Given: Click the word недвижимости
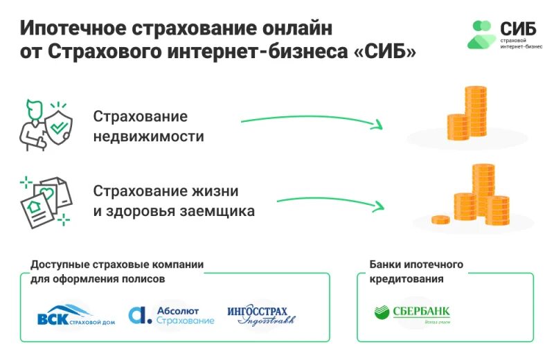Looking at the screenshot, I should click(148, 136).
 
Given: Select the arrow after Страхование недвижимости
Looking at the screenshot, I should click(311, 123).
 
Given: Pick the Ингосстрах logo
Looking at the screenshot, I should click(261, 315).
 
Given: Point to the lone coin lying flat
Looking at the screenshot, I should click(440, 219).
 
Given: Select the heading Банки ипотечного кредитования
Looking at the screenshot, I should click(416, 272).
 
